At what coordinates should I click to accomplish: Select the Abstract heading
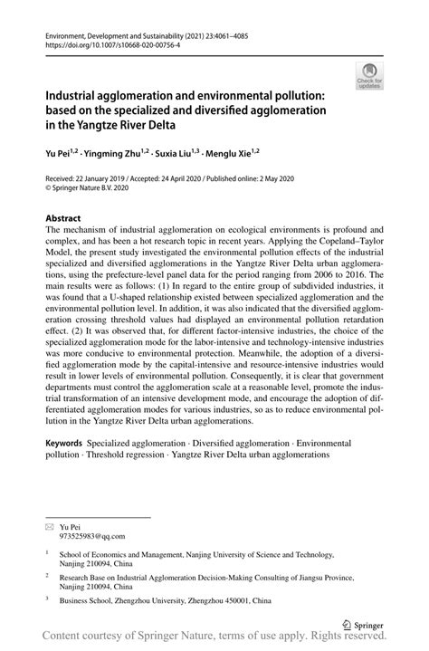pos(63,218)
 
